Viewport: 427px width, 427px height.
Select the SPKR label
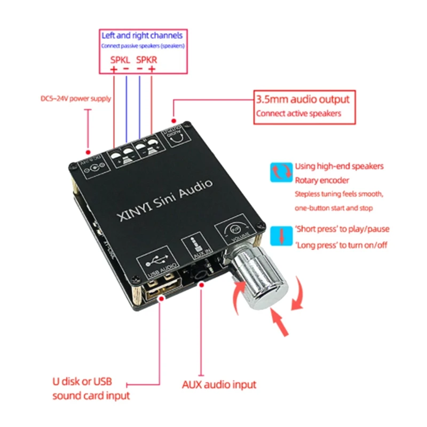click(x=147, y=60)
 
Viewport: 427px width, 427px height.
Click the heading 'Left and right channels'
click(x=142, y=36)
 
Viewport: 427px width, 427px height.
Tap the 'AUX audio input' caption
click(x=219, y=384)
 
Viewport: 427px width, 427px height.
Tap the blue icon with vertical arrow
click(x=281, y=235)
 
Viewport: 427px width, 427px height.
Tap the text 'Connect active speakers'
click(x=298, y=113)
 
